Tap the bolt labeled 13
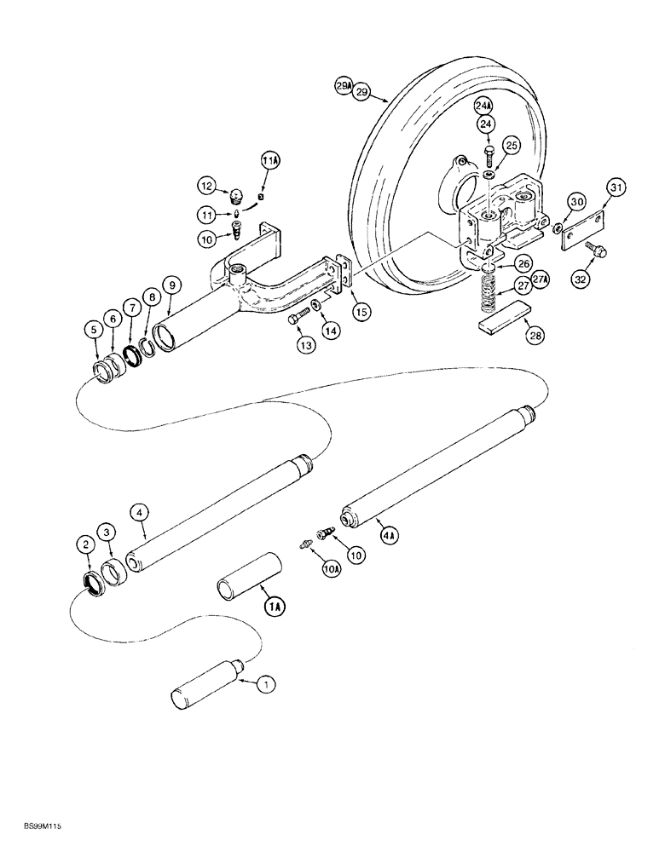click(x=296, y=319)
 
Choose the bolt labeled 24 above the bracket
click(x=489, y=154)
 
